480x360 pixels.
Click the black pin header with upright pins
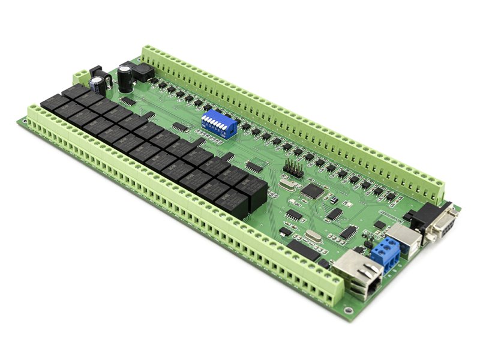[293, 170]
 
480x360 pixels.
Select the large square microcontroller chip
[312, 191]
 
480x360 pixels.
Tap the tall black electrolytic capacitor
[125, 78]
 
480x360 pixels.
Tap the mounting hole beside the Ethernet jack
[348, 310]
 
